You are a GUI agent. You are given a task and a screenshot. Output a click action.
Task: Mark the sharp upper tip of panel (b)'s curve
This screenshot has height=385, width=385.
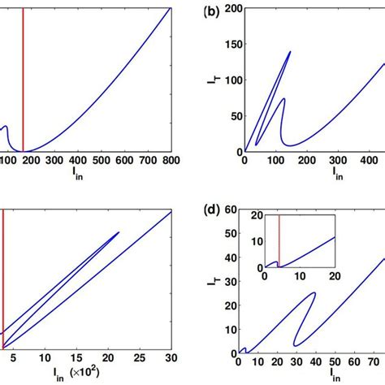(290, 51)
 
